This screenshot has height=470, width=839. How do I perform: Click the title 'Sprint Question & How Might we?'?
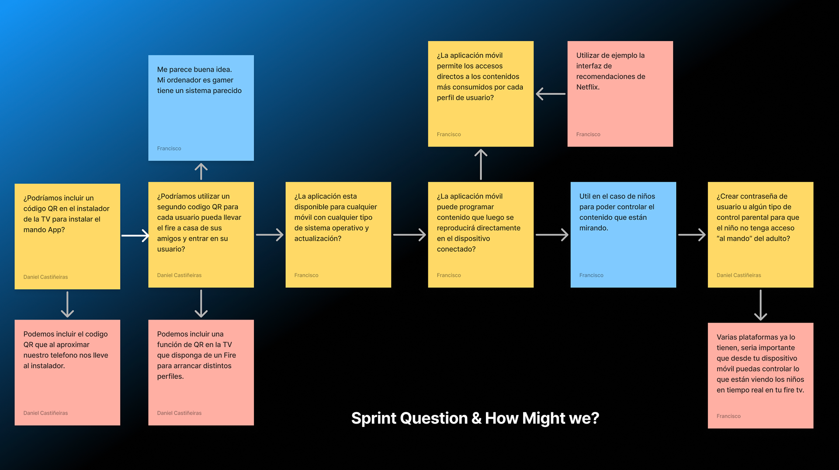point(475,418)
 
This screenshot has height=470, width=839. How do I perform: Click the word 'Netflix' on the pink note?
point(587,87)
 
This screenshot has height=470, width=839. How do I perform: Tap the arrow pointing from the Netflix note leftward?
point(551,94)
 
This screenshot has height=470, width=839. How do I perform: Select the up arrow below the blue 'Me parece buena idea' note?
point(201,171)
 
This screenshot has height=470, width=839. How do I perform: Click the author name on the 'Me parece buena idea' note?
point(169,149)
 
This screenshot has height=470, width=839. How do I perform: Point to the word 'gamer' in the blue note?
point(223,80)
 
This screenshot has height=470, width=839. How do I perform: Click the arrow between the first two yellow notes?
point(135,236)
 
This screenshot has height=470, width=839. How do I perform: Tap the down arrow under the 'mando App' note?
point(67,304)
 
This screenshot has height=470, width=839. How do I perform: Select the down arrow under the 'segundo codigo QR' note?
point(201,303)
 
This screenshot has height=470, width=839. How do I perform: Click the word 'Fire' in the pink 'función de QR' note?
point(230,355)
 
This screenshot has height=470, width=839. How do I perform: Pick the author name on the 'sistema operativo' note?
point(306,275)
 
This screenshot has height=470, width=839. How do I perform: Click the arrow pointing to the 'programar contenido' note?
point(409,235)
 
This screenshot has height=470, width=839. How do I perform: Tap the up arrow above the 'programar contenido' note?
point(481,164)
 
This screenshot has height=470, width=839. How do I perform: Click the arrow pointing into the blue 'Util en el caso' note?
point(552,235)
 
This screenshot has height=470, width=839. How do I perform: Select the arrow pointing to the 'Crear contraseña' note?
point(692,235)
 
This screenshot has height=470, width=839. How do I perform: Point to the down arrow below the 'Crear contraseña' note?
point(760,305)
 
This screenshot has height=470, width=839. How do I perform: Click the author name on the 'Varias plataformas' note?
point(728,416)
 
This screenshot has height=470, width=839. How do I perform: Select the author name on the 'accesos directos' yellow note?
point(449,135)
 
